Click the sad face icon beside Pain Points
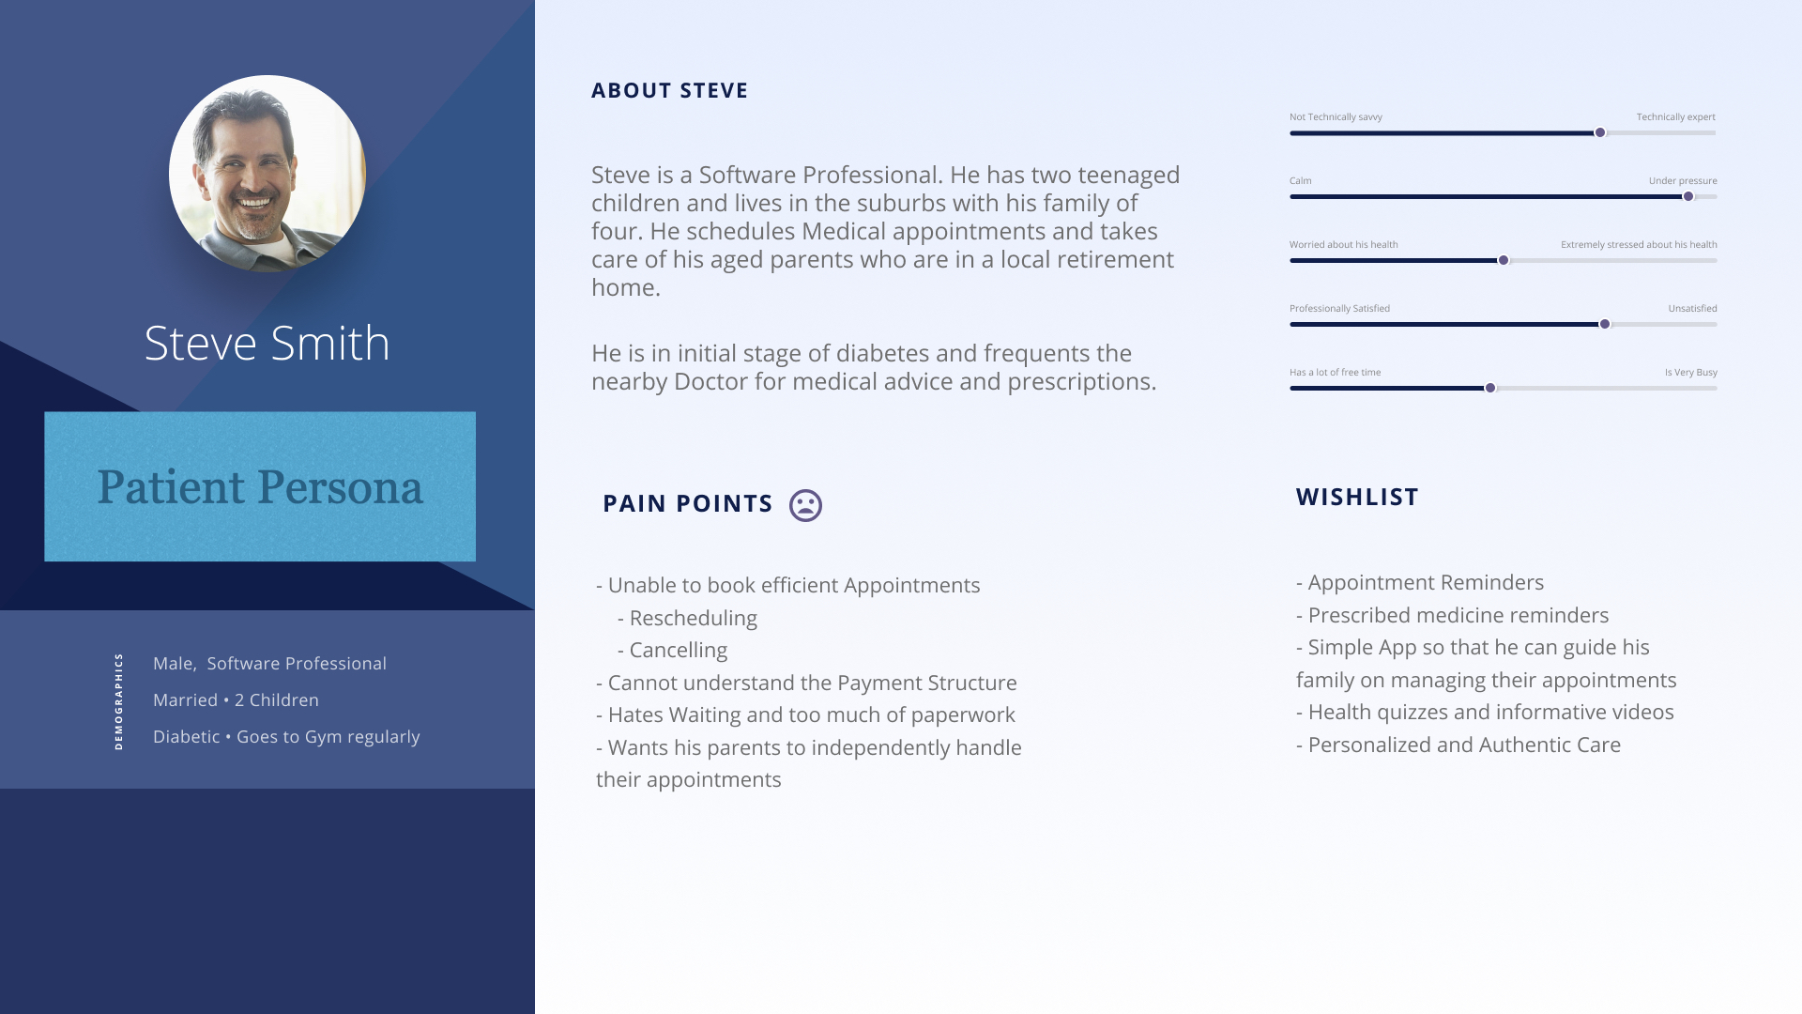805,505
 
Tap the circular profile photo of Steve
267,174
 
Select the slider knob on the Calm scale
1688,196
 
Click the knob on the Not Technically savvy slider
1600,132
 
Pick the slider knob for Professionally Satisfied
1605,324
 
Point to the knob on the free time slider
1490,388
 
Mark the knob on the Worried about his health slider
1504,260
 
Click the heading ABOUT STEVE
669,91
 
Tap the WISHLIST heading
1357,497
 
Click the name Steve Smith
267,343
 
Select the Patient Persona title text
260,487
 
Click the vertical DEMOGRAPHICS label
118,701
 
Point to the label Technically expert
1676,117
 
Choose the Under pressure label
1683,181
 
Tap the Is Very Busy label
1691,373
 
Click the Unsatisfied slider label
1693,309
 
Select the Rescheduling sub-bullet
687,618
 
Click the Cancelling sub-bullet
672,650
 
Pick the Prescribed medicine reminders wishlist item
1453,615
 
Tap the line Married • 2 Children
236,700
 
